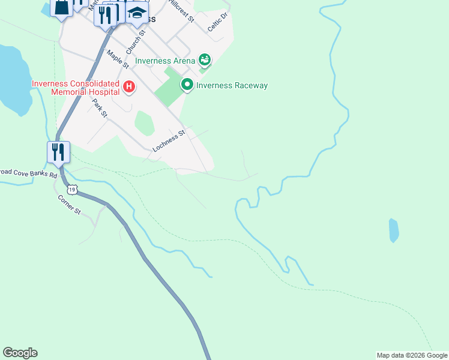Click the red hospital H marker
(x=129, y=88)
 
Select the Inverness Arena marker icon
(x=205, y=60)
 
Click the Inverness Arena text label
(x=165, y=61)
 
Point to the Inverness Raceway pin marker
(x=187, y=85)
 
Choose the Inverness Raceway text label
(x=232, y=86)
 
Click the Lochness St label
(x=168, y=143)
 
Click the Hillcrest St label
(x=182, y=11)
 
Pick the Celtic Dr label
(x=218, y=22)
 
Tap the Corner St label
(x=69, y=205)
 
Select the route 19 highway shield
(x=72, y=190)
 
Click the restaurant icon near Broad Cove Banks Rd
(x=58, y=152)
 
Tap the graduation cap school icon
(x=137, y=13)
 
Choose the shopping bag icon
(x=62, y=8)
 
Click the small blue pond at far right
(x=394, y=230)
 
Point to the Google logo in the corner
(x=20, y=353)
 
